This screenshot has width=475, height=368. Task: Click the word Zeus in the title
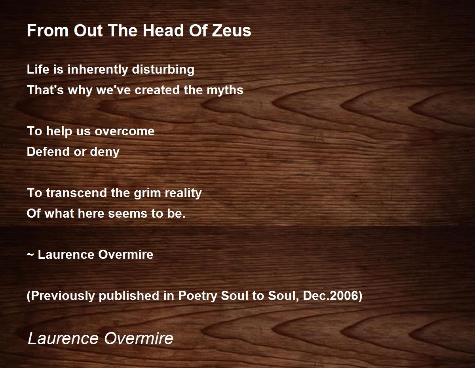pyautogui.click(x=232, y=30)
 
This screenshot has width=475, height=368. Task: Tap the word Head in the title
pyautogui.click(x=163, y=30)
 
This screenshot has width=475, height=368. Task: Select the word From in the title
pyautogui.click(x=47, y=30)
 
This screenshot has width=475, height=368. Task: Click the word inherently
pyautogui.click(x=97, y=70)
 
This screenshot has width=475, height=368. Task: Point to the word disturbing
pyautogui.click(x=163, y=70)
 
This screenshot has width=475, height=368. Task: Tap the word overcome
pyautogui.click(x=124, y=131)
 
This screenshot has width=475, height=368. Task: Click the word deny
pyautogui.click(x=104, y=152)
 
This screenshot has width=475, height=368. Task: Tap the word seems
pyautogui.click(x=128, y=214)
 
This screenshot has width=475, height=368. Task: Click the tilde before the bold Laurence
pyautogui.click(x=30, y=255)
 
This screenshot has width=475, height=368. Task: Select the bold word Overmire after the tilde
pyautogui.click(x=125, y=254)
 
